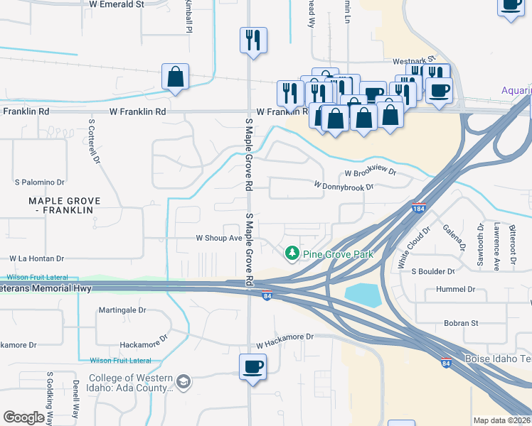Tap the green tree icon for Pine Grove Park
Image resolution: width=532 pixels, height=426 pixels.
[292, 253]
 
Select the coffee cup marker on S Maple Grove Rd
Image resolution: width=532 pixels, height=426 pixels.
[252, 367]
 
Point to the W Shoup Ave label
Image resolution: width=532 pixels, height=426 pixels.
[219, 239]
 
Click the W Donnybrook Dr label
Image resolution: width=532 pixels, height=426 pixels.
[344, 187]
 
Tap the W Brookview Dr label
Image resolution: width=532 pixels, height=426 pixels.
[370, 173]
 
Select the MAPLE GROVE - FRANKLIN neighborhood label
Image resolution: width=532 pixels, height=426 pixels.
[64, 206]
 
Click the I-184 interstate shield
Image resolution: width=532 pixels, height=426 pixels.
[419, 208]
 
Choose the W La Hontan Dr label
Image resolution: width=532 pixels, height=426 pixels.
[36, 259]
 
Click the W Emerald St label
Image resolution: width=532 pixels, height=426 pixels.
[117, 4]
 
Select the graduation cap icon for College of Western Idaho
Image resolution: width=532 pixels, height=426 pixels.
[184, 383]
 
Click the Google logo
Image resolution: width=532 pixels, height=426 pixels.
[23, 417]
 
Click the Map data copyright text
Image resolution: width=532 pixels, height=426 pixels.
[501, 420]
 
